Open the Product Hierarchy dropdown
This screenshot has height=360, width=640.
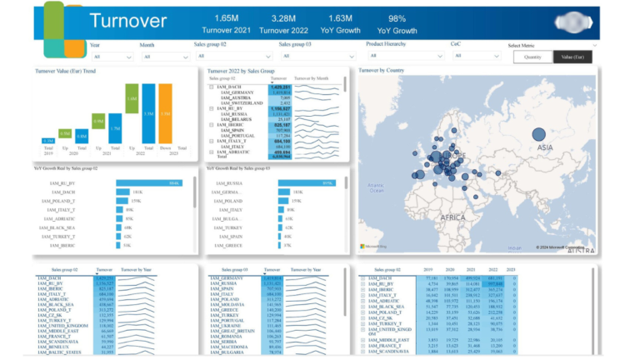(x=400, y=57)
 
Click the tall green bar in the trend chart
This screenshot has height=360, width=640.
(x=132, y=97)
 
